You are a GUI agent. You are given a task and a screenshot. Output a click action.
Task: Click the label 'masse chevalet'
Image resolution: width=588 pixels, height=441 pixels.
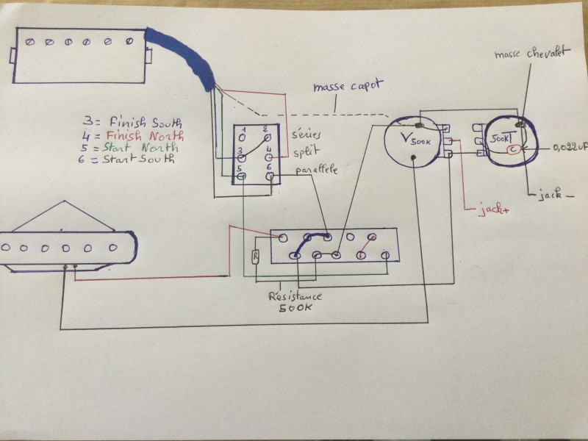530,54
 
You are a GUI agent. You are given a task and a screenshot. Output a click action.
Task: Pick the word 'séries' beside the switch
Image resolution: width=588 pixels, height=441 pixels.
306,136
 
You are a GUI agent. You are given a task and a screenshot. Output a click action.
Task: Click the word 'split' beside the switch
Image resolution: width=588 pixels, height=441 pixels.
304,154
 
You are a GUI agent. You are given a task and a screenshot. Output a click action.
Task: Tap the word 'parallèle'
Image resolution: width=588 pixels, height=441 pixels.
318,171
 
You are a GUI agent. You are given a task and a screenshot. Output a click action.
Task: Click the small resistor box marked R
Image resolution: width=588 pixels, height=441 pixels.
255,257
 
